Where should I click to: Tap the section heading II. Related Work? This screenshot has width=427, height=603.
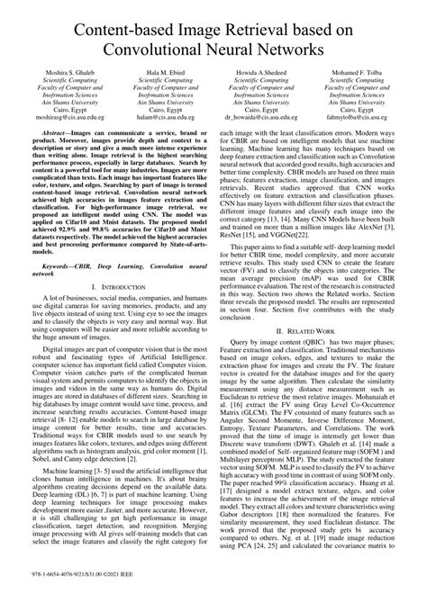click(x=313, y=331)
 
